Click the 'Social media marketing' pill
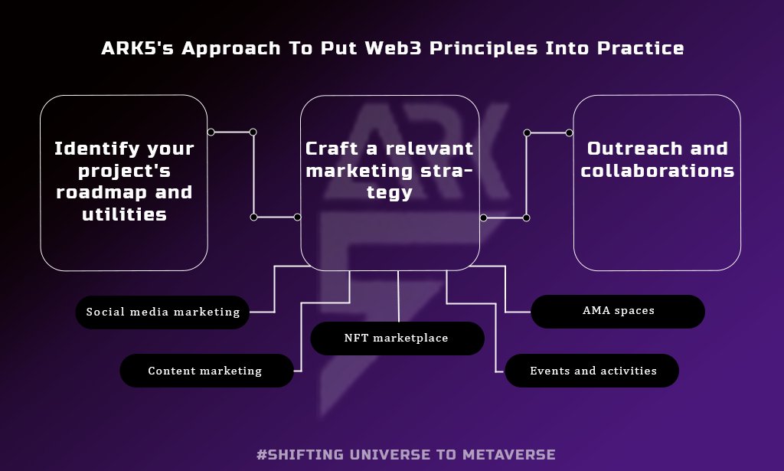(162, 312)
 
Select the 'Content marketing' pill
(206, 371)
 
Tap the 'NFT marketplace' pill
(397, 338)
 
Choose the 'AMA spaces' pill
(617, 311)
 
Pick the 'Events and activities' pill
(592, 371)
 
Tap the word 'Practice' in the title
(634, 49)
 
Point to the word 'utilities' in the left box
(124, 214)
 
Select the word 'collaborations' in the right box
(657, 171)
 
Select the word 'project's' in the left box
(124, 171)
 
